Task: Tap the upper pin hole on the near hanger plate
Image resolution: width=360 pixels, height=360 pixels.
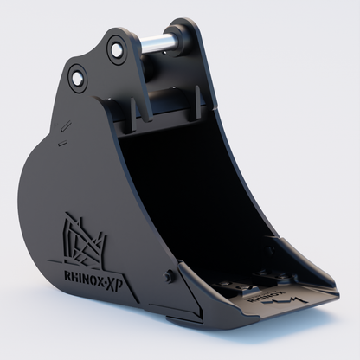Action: click(x=115, y=49)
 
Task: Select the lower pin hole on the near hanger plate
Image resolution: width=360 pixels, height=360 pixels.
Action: click(x=78, y=80)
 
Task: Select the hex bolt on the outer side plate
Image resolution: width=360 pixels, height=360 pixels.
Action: click(x=169, y=276)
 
